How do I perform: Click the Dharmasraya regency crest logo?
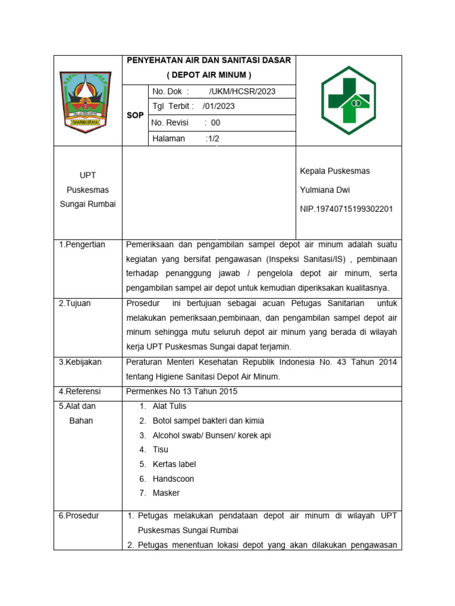[88, 101]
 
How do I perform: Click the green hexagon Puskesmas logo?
[348, 101]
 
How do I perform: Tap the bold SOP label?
[135, 115]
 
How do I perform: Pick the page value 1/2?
[212, 139]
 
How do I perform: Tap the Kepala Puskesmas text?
[335, 171]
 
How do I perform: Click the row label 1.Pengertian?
[82, 244]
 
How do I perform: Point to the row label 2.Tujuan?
[75, 303]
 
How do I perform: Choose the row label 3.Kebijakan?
[80, 362]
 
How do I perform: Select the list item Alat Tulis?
[169, 406]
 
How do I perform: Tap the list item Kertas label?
[174, 464]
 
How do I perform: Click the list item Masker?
[166, 493]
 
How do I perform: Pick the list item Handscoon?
[173, 479]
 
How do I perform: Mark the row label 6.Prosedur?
[79, 515]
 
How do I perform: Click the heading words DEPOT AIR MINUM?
[209, 75]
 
